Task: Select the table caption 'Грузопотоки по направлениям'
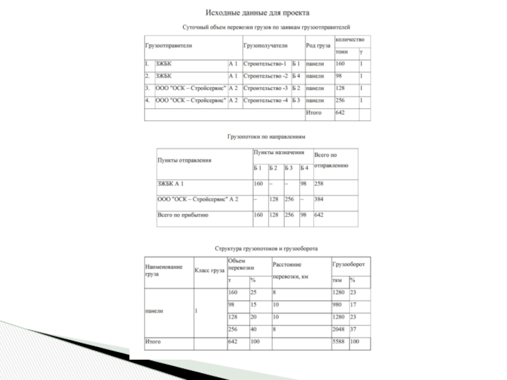point(266,136)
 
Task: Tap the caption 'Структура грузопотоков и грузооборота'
point(266,249)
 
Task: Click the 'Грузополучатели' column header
point(265,46)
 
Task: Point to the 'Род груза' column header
point(318,46)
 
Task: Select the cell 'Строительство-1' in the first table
point(265,64)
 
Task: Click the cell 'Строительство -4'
point(265,100)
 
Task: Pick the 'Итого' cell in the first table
point(314,113)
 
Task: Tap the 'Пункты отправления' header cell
point(184,160)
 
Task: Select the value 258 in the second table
point(319,184)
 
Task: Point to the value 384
point(319,199)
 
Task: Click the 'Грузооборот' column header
point(348,263)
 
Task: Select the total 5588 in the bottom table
point(340,342)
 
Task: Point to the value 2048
point(340,329)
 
